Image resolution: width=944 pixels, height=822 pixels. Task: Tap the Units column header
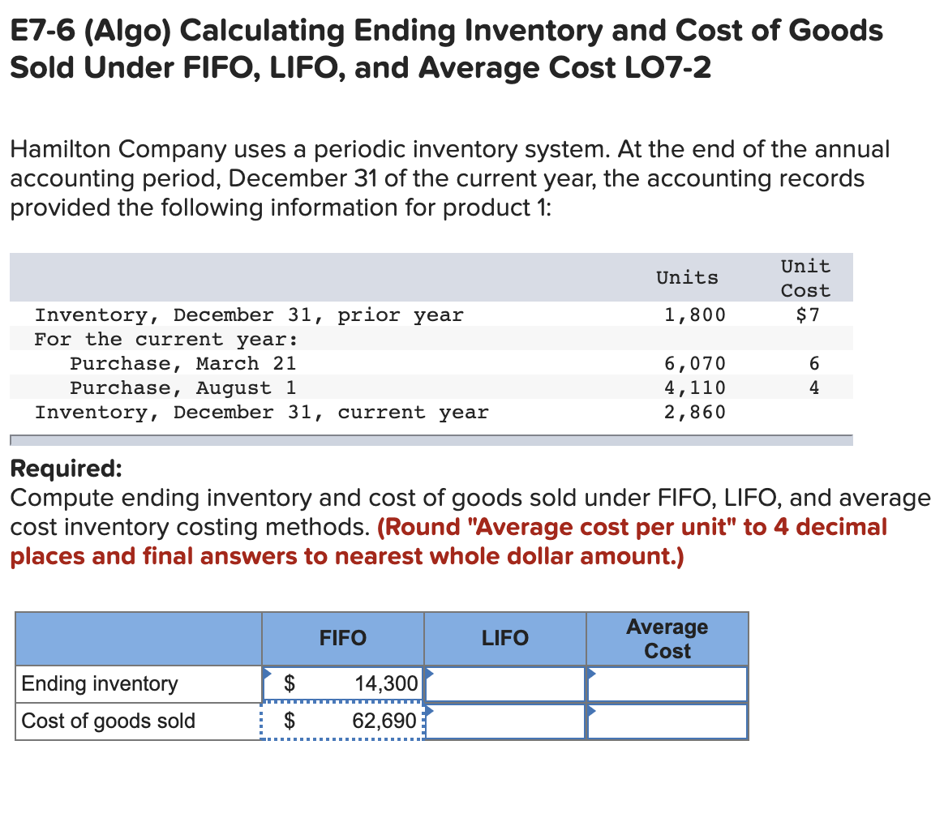[x=687, y=277]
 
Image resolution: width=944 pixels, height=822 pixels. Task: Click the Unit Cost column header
[x=805, y=278]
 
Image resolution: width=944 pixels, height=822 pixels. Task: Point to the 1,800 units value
[x=695, y=315]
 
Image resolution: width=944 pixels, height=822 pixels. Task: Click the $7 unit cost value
[x=808, y=315]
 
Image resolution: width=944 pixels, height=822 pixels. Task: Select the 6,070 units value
[x=695, y=363]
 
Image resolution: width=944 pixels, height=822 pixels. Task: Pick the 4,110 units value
[x=695, y=387]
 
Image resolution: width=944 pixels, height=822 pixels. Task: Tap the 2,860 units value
[x=695, y=412]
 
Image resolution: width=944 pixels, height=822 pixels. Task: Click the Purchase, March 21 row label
[x=182, y=363]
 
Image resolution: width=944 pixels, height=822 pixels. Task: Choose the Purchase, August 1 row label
[x=182, y=387]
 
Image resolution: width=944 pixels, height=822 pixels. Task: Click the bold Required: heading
[x=66, y=469]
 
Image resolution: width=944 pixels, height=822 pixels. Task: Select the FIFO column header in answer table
[x=342, y=639]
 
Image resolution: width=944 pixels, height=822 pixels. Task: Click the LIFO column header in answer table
[x=504, y=639]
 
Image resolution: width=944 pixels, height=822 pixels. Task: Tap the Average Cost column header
[x=667, y=639]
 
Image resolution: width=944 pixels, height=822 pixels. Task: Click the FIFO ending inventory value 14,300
[x=386, y=683]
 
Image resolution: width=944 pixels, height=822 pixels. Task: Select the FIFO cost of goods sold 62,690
[x=384, y=721]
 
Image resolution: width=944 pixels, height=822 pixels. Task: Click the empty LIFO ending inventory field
[x=504, y=684]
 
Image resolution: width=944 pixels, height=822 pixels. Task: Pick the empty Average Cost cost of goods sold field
[x=667, y=721]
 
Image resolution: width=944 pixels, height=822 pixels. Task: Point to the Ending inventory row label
[x=100, y=683]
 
